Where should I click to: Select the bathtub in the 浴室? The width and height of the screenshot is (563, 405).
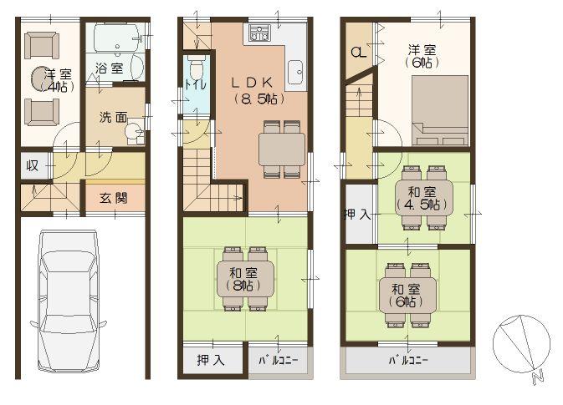pyautogui.click(x=116, y=38)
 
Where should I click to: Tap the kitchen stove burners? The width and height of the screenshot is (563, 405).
pyautogui.click(x=258, y=34)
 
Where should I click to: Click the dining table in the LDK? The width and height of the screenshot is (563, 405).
pyautogui.click(x=282, y=149)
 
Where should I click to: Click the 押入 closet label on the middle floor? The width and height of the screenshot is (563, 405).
pyautogui.click(x=210, y=361)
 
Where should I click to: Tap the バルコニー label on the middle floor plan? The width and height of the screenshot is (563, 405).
pyautogui.click(x=279, y=361)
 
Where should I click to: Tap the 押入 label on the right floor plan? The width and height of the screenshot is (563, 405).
pyautogui.click(x=357, y=215)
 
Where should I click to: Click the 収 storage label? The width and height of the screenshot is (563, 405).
pyautogui.click(x=32, y=165)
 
